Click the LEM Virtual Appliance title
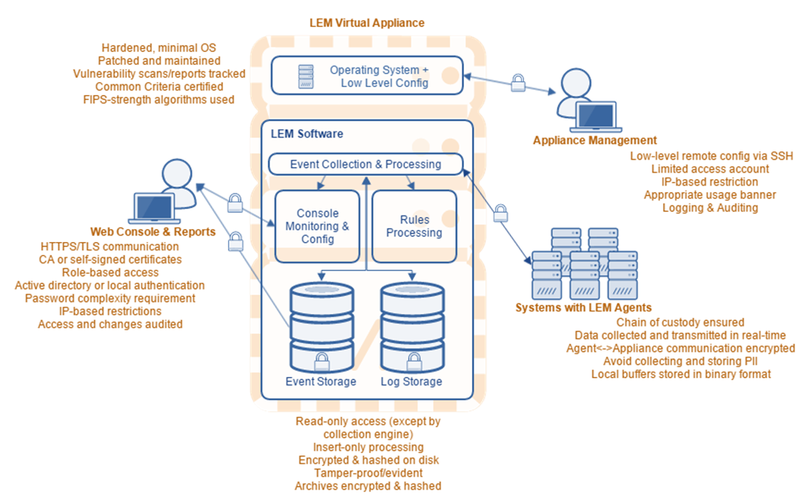tap(366, 23)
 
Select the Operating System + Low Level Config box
tap(366, 76)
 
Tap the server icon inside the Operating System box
tap(306, 76)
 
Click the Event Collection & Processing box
tap(365, 164)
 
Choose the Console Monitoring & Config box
tap(317, 226)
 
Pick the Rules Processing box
tap(414, 226)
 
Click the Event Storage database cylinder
tap(321, 324)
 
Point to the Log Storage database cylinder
tap(411, 324)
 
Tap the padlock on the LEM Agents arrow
tap(500, 213)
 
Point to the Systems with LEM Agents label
tap(583, 308)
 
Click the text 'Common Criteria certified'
tap(154, 86)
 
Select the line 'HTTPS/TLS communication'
tap(110, 246)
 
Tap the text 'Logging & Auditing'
tap(710, 208)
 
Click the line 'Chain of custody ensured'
tap(680, 323)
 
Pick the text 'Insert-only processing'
tap(368, 447)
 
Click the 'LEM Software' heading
tap(307, 133)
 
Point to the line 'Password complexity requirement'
tap(110, 298)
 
